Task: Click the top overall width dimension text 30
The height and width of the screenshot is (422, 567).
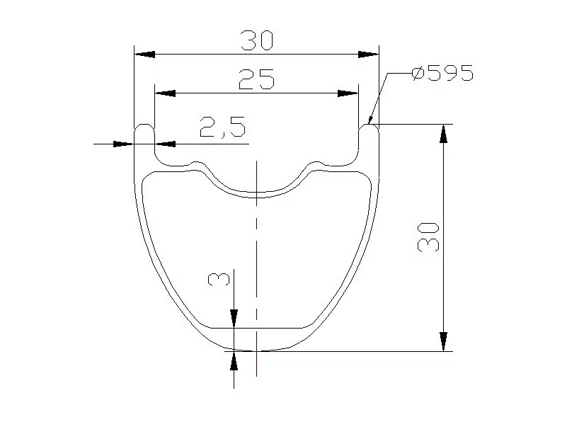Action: (x=256, y=41)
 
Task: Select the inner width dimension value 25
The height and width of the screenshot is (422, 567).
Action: (x=256, y=79)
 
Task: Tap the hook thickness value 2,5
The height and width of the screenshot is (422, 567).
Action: (x=222, y=128)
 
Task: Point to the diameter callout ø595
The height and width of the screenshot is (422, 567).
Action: (x=442, y=74)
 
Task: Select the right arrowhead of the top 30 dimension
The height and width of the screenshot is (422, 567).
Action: (x=368, y=54)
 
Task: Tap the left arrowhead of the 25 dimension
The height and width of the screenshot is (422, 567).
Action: (x=165, y=93)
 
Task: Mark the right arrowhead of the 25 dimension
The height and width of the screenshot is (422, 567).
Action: (x=348, y=93)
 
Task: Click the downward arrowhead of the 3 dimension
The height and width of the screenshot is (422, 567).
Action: (x=234, y=319)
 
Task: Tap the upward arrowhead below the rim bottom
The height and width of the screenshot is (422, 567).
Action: (x=234, y=360)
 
